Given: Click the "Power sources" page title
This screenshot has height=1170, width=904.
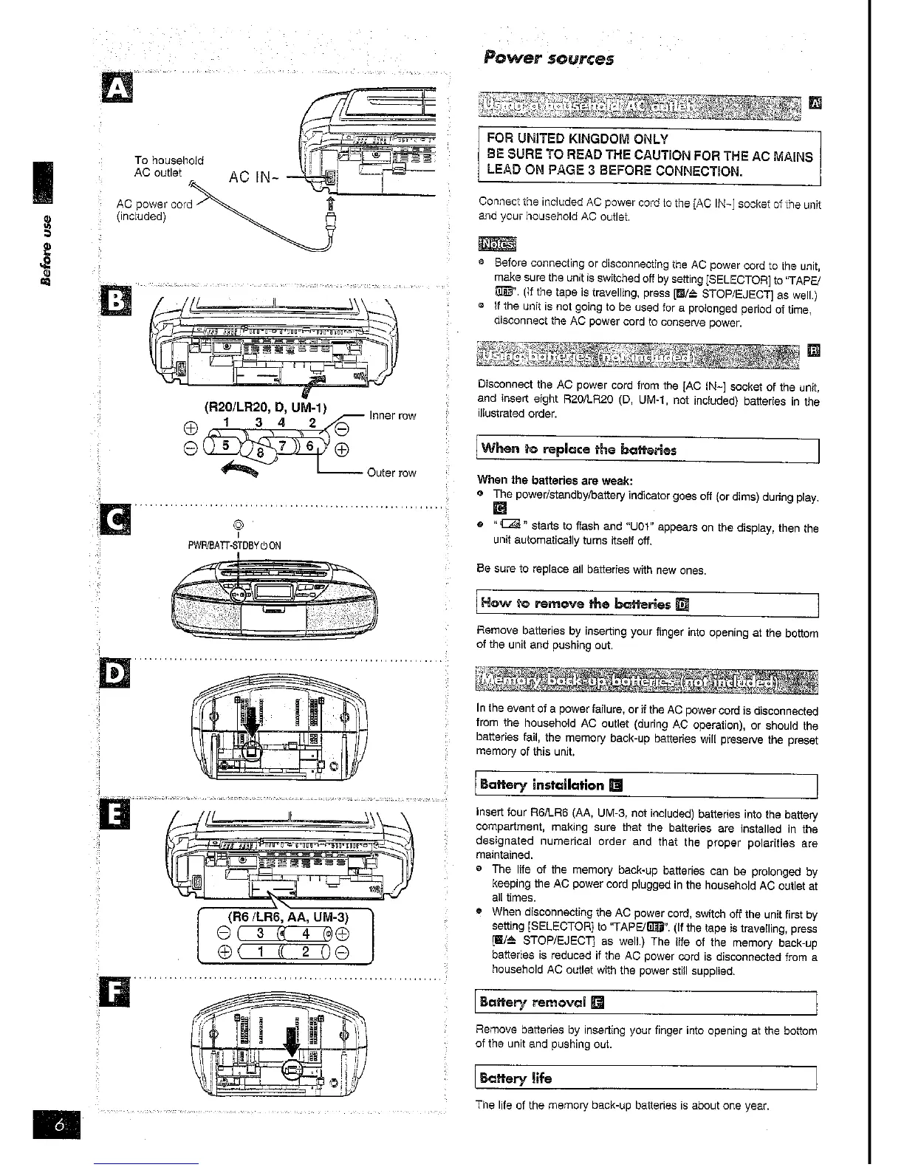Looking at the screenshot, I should (x=548, y=58).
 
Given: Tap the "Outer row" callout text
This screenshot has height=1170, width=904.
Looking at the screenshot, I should (x=391, y=473).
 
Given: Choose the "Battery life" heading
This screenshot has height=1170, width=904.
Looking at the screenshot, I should (x=516, y=1078).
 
